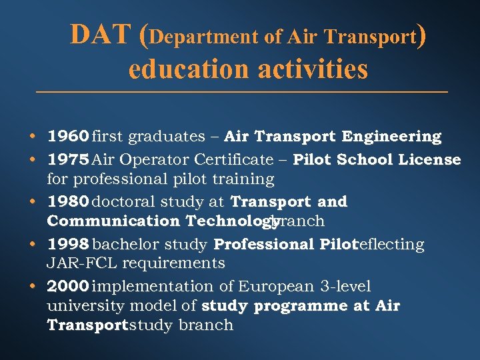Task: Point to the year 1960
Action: pyautogui.click(x=68, y=137)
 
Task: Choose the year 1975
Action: pyautogui.click(x=68, y=159)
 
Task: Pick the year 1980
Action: pyautogui.click(x=68, y=201)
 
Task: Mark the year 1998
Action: pyautogui.click(x=68, y=245)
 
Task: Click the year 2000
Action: pyautogui.click(x=68, y=287)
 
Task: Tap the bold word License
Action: pyautogui.click(x=432, y=159)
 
